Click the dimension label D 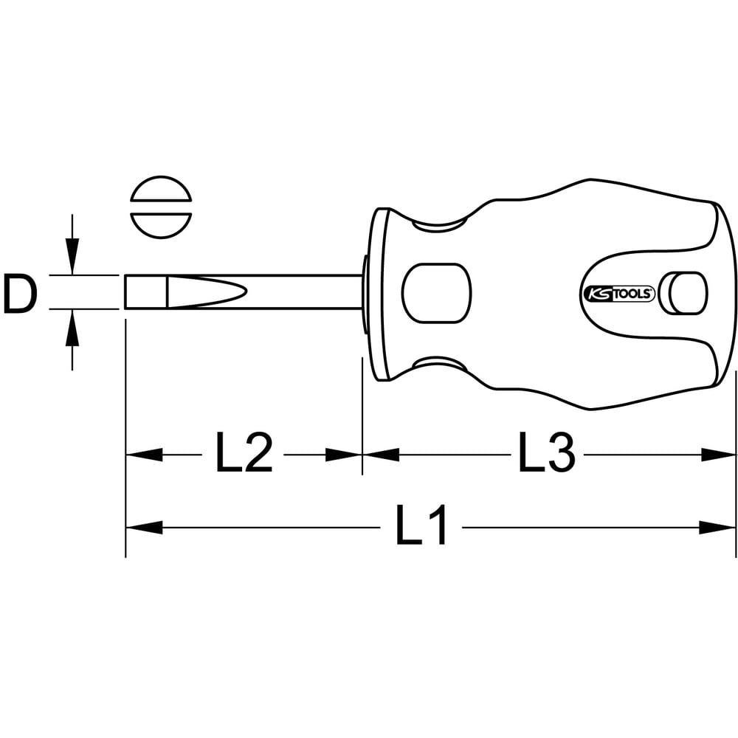[x=19, y=294]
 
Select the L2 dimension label [x=244, y=454]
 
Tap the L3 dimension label [x=547, y=454]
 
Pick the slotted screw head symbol [x=161, y=207]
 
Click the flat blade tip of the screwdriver [x=145, y=292]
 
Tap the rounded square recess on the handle [x=437, y=293]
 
